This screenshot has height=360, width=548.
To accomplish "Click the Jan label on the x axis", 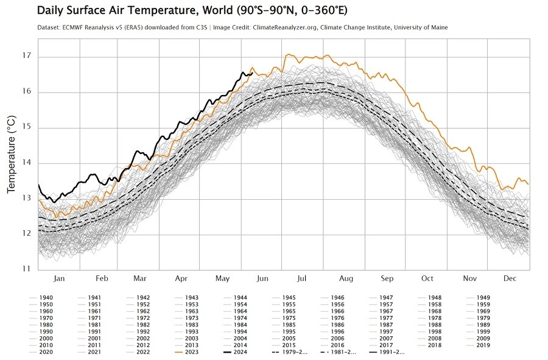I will [x=59, y=278].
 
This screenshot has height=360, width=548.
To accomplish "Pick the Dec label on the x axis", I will [x=510, y=278].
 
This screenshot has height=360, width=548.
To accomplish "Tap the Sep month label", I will [x=387, y=278].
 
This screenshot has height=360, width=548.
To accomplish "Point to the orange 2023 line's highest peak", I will [x=287, y=54].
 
